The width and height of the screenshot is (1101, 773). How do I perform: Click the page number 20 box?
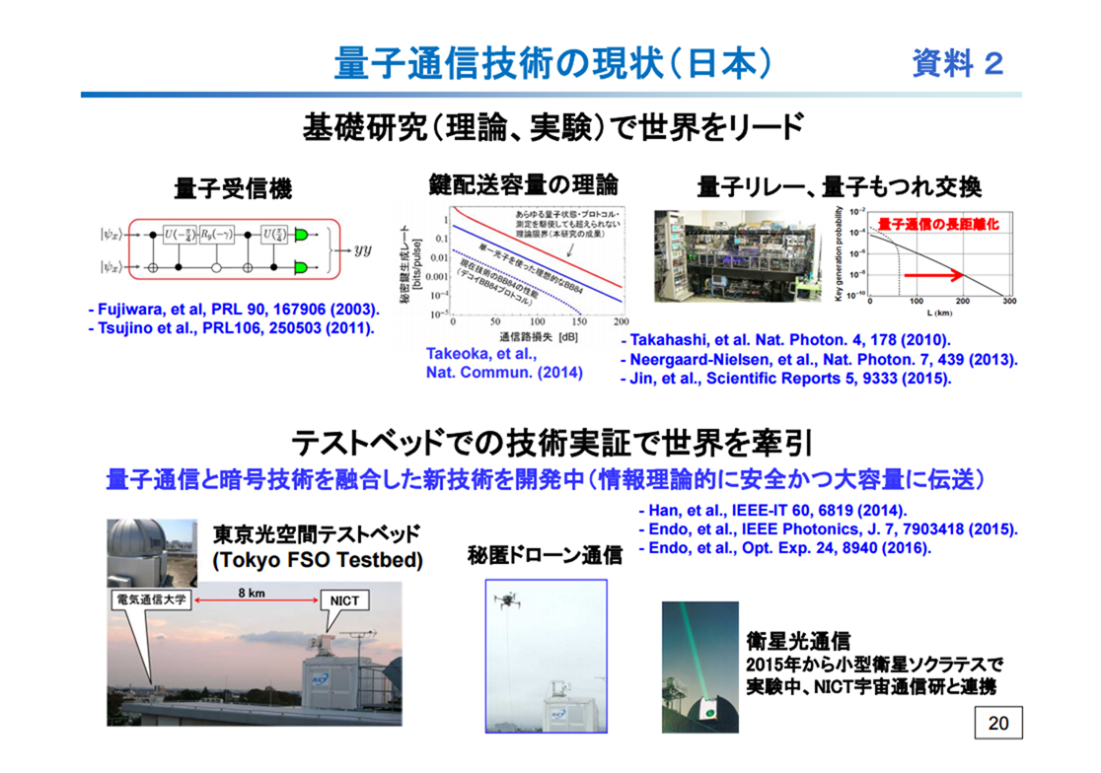pos(998,723)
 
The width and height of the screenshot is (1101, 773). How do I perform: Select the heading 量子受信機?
pos(233,187)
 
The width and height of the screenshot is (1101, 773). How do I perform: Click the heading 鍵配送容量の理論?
pos(524,184)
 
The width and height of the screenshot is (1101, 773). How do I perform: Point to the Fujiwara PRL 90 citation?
pos(233,310)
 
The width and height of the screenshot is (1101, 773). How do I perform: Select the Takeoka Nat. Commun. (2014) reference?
pos(504,363)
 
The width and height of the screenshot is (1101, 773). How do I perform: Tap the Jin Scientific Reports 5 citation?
pos(785,378)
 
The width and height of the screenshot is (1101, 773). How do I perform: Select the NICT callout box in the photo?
pos(345,598)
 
